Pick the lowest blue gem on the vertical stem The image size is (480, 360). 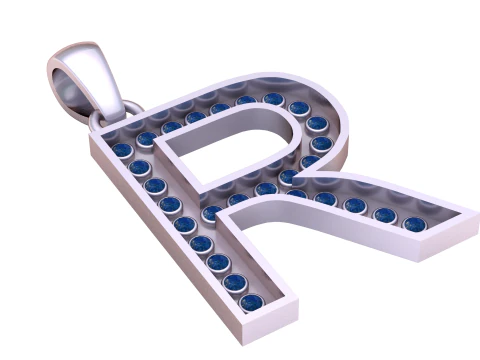[251, 301]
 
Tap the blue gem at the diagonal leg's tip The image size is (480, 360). [415, 224]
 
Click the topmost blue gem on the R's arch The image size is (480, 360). [273, 99]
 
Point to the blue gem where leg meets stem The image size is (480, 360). [212, 213]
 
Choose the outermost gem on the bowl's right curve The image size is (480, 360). [321, 141]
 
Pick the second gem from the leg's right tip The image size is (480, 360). [386, 215]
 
